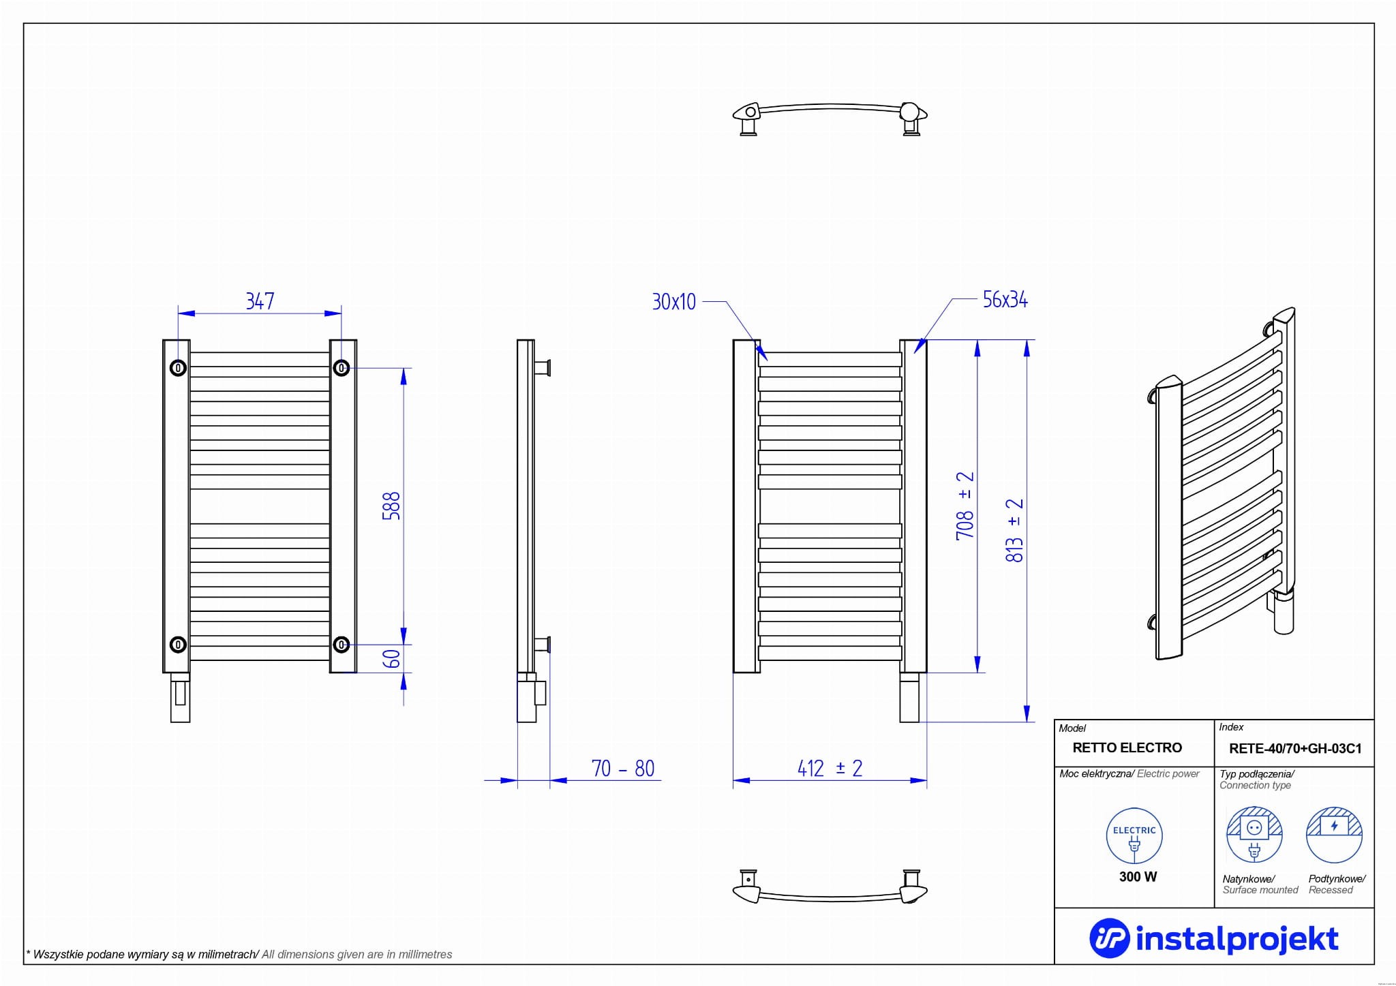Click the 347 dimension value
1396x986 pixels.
(x=260, y=301)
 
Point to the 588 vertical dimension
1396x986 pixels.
(x=391, y=506)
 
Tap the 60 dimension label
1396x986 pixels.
(x=391, y=659)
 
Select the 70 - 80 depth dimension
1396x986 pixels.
(x=623, y=769)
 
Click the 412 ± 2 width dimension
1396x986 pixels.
(x=830, y=769)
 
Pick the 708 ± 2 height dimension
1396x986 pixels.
(x=965, y=506)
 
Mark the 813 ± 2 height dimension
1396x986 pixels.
(x=1014, y=530)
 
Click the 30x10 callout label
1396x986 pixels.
(x=673, y=302)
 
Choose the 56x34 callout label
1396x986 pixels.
(x=1005, y=300)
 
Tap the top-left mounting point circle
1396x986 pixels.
(x=178, y=368)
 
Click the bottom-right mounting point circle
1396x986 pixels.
(x=342, y=644)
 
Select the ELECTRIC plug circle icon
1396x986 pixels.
(x=1134, y=836)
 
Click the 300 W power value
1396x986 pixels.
(x=1138, y=877)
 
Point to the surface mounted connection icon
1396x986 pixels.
(x=1254, y=835)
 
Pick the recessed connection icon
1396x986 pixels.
(x=1334, y=835)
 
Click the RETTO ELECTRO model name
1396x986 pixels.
(x=1127, y=748)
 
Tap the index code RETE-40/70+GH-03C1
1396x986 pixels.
(x=1295, y=749)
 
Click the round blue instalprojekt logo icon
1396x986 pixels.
(x=1110, y=938)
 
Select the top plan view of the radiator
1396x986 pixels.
(x=830, y=119)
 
